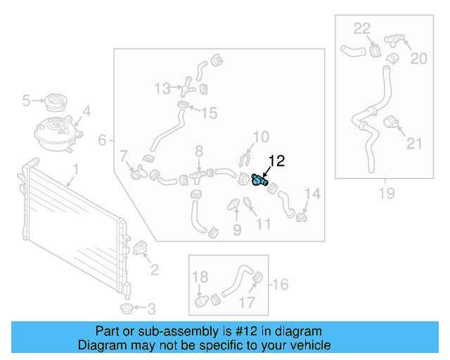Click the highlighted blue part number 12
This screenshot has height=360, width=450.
pyautogui.click(x=259, y=181)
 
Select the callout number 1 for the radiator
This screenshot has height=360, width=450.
pyautogui.click(x=77, y=169)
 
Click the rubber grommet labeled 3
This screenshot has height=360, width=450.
pyautogui.click(x=126, y=309)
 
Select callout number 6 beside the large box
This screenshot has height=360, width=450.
pyautogui.click(x=103, y=141)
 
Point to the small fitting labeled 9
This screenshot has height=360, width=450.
pyautogui.click(x=230, y=205)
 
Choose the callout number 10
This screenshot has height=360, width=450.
pyautogui.click(x=260, y=136)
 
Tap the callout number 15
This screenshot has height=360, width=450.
pyautogui.click(x=210, y=113)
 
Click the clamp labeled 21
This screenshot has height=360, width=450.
pyautogui.click(x=392, y=125)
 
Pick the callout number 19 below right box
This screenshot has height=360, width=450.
pyautogui.click(x=386, y=193)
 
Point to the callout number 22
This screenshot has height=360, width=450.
pyautogui.click(x=361, y=29)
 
